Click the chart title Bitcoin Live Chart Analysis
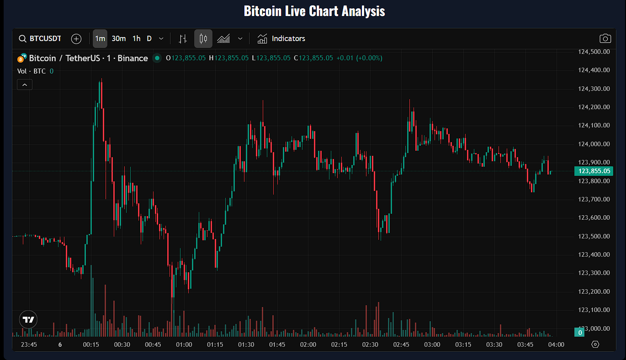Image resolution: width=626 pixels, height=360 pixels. [314, 11]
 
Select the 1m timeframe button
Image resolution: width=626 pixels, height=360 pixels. [100, 38]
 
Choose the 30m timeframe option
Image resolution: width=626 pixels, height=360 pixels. [119, 38]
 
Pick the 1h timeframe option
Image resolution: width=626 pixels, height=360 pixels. [136, 38]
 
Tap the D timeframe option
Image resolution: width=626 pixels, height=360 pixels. [149, 38]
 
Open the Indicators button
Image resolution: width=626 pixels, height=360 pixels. [281, 38]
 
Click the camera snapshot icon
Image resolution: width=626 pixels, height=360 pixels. [605, 38]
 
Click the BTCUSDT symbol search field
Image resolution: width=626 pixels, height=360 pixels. [40, 38]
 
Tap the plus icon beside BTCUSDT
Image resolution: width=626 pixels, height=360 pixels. [76, 38]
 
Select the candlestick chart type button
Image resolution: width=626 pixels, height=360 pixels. [203, 38]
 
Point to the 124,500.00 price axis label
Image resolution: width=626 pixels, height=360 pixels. [594, 52]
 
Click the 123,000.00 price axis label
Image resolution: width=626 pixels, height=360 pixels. [594, 328]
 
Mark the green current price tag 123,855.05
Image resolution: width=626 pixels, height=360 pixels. [594, 171]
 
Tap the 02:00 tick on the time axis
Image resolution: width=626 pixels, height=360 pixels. [308, 344]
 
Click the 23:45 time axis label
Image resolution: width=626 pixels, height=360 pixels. [29, 344]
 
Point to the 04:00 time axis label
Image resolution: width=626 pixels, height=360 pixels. [556, 344]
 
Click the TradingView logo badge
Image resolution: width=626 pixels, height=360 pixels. [28, 319]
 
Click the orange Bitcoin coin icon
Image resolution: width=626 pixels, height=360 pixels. [21, 58]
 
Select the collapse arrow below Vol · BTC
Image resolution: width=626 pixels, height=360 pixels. [25, 84]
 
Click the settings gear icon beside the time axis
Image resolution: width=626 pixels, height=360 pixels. [595, 344]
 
